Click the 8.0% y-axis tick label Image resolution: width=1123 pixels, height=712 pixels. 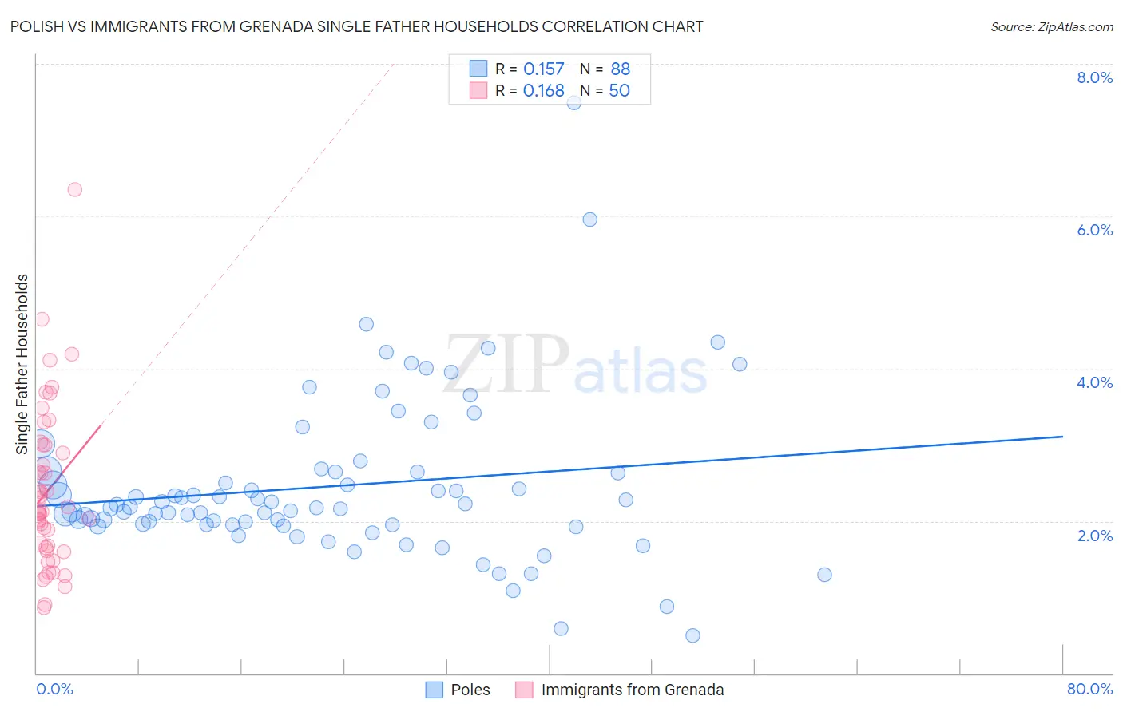(x=1094, y=77)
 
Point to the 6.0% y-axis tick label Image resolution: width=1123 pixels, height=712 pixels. (x=1094, y=230)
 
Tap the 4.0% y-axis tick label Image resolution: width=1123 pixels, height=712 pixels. (x=1094, y=382)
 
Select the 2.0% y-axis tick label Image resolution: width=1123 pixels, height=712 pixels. (x=1094, y=536)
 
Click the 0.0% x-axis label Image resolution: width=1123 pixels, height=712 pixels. (x=54, y=689)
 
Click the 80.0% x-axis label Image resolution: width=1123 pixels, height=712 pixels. (x=1089, y=689)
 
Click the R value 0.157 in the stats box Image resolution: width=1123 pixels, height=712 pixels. (x=543, y=69)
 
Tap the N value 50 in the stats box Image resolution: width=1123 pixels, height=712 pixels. (x=619, y=91)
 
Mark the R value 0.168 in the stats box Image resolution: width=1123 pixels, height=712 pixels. (x=543, y=91)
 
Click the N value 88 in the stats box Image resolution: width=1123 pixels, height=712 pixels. (x=620, y=69)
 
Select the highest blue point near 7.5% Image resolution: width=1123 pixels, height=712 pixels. (x=573, y=102)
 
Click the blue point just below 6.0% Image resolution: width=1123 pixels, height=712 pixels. (x=589, y=220)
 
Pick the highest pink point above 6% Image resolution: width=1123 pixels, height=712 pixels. (x=74, y=189)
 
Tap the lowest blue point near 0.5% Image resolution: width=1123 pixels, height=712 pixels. (x=692, y=635)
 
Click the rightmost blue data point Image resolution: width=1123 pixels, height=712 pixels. (x=824, y=575)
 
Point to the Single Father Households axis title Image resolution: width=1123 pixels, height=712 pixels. (x=22, y=364)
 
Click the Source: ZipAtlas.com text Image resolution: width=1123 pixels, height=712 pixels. (x=1051, y=27)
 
